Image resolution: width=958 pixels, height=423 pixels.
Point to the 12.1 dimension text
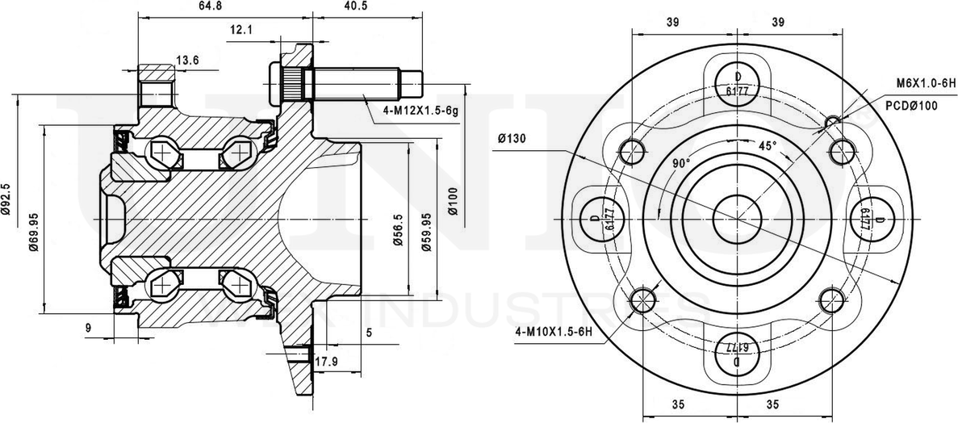[241, 31]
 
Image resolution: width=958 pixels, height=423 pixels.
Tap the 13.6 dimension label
[188, 60]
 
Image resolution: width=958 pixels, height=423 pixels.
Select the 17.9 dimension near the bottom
[325, 362]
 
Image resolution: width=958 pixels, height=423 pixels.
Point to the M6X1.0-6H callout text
[926, 83]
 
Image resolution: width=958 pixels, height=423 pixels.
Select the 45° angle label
[767, 146]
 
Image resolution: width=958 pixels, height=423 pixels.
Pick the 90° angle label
[682, 163]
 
